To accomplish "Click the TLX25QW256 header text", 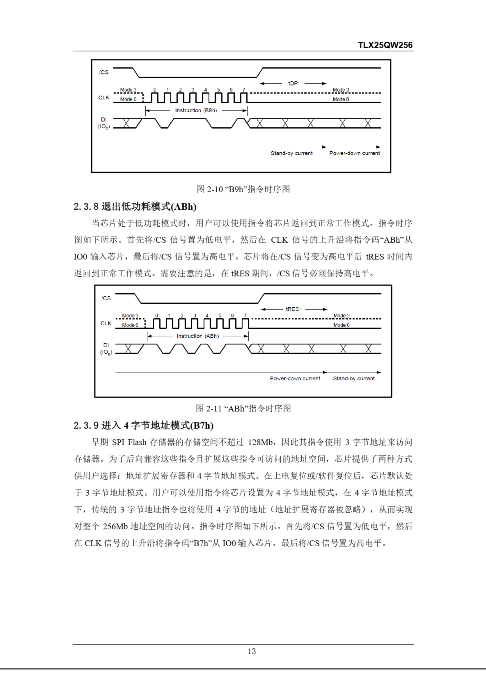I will click(385, 45).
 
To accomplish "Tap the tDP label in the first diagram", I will click(293, 83).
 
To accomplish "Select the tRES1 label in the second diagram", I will click(294, 309).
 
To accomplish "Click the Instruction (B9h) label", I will click(196, 110).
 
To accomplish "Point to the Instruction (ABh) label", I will click(198, 336).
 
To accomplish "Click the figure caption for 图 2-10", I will click(243, 189).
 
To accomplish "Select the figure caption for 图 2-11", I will click(243, 408).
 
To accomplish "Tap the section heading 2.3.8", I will click(135, 206).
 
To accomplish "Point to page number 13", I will click(251, 651).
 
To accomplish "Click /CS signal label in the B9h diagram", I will click(104, 72).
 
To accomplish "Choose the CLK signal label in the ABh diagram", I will click(106, 323).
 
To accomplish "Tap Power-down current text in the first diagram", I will click(354, 153).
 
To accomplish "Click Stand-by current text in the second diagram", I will click(354, 379).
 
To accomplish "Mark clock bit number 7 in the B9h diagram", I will click(244, 90).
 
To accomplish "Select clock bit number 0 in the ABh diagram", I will click(157, 315).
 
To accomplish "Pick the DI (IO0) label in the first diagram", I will click(104, 123).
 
